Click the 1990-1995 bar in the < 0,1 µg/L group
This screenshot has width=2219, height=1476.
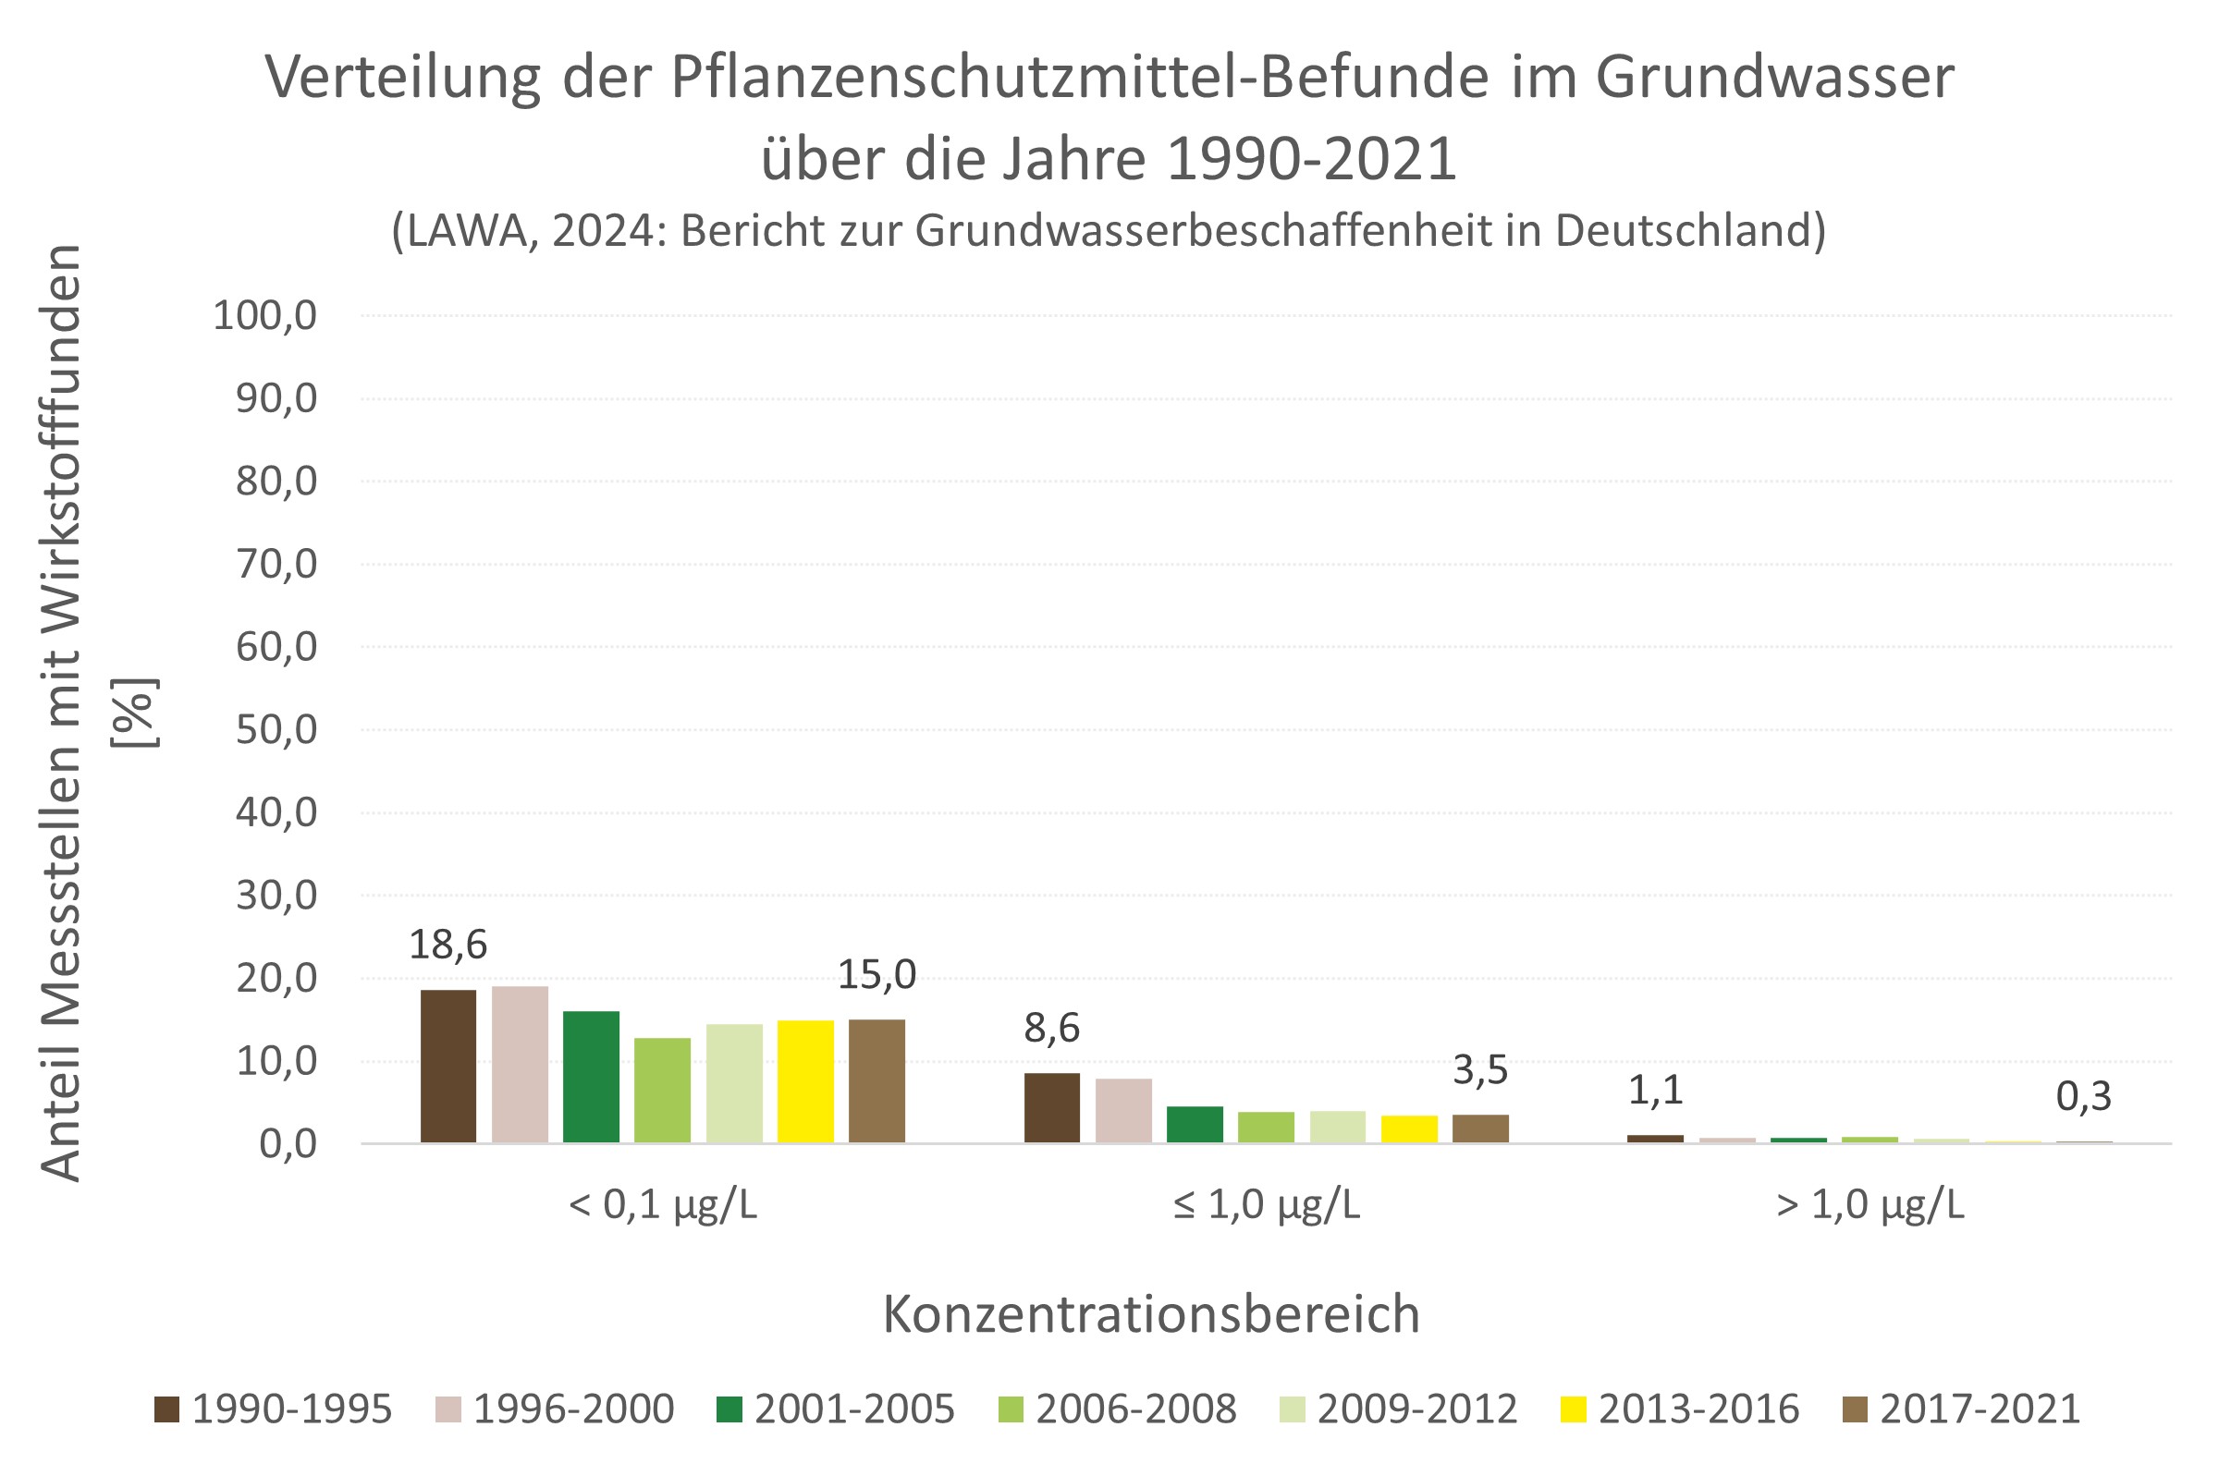(x=448, y=1066)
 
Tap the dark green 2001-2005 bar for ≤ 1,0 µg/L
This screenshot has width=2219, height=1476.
(x=1194, y=1124)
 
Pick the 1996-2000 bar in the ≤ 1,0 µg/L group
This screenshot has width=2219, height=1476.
(x=1123, y=1110)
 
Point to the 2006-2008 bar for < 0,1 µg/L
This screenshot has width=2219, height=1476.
(x=662, y=1089)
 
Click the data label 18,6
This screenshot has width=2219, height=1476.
(x=448, y=945)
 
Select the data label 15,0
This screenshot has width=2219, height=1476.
(x=877, y=974)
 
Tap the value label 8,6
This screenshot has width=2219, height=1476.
(x=1051, y=1028)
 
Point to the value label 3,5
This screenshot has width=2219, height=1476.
(x=1480, y=1070)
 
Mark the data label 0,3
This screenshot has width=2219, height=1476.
(x=2083, y=1096)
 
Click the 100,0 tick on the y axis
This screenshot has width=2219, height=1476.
(x=264, y=315)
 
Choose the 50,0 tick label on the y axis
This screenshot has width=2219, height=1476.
(x=276, y=729)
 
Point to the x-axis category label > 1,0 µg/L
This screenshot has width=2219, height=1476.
(x=1870, y=1205)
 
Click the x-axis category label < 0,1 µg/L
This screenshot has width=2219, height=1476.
(x=663, y=1205)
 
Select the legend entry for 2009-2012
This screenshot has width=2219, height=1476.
(x=1399, y=1409)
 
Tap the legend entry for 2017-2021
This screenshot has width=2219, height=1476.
(x=1962, y=1409)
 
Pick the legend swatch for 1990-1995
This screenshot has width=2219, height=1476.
(x=166, y=1409)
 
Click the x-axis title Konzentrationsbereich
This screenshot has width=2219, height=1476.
(x=1150, y=1314)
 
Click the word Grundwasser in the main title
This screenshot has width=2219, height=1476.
(x=1773, y=78)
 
